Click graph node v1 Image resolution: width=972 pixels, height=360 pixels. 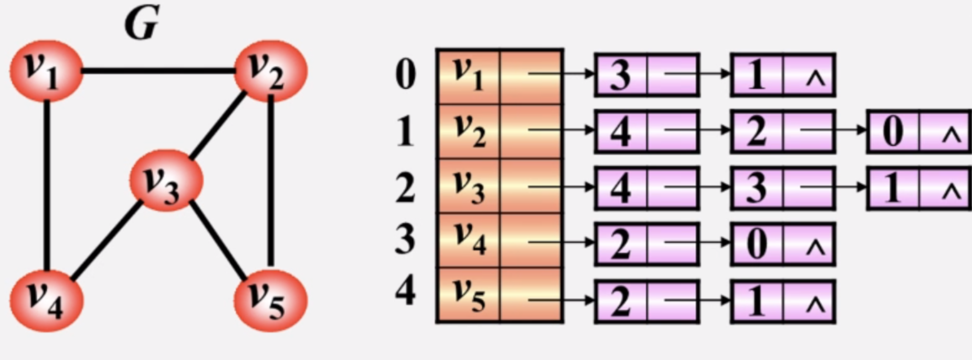point(46,70)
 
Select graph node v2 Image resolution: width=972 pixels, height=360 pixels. point(269,70)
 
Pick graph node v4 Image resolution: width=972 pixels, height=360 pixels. point(46,301)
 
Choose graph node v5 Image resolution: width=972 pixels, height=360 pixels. point(270,301)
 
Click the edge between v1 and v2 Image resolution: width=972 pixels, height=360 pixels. point(157,70)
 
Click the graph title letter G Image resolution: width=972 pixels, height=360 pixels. point(141,23)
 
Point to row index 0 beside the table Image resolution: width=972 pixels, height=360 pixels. point(405,76)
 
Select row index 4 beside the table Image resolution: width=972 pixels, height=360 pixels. point(405,292)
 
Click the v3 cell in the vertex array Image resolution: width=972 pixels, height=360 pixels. point(468,186)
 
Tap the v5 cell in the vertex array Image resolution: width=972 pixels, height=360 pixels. point(468,295)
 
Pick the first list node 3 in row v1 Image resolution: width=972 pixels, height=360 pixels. point(620,75)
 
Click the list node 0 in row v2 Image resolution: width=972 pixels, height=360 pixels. point(892,132)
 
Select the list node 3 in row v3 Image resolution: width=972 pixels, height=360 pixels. point(756,187)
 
